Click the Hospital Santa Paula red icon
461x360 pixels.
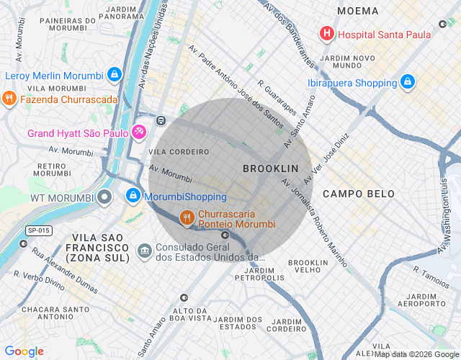pyautogui.click(x=327, y=33)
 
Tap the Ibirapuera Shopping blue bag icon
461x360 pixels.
pyautogui.click(x=408, y=83)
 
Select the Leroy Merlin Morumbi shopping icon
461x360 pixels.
pyautogui.click(x=114, y=74)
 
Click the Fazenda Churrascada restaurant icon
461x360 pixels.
pyautogui.click(x=9, y=98)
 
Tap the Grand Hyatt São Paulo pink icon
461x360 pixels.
pyautogui.click(x=139, y=132)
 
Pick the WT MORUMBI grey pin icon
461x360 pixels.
pyautogui.click(x=105, y=197)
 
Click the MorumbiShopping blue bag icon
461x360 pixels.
pyautogui.click(x=133, y=196)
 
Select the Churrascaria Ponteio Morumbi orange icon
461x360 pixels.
pyautogui.click(x=187, y=217)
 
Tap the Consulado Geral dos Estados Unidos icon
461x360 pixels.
pyautogui.click(x=144, y=251)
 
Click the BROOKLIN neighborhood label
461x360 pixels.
pyautogui.click(x=270, y=168)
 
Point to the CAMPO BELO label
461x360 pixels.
pyautogui.click(x=358, y=194)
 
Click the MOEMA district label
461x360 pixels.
pyautogui.click(x=357, y=11)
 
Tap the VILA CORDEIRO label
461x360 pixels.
pyautogui.click(x=179, y=153)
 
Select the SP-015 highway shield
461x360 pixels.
pyautogui.click(x=39, y=230)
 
